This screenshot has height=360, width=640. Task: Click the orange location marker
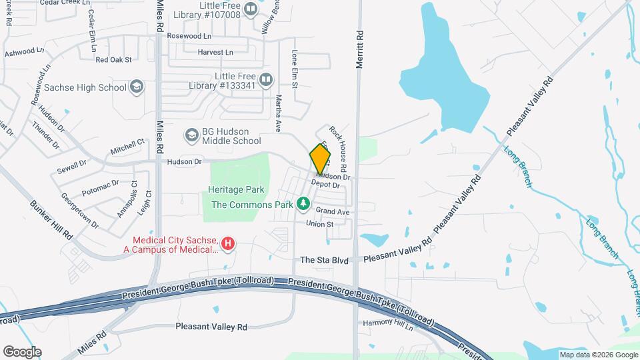pos(320,159)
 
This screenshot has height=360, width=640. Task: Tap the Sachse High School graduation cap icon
pos(137,87)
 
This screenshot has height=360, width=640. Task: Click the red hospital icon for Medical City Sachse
pos(228,244)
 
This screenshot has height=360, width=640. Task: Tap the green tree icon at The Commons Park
pos(303,203)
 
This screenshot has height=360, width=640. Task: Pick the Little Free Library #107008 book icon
pos(251,9)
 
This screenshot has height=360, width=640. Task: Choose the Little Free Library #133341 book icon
pos(266,81)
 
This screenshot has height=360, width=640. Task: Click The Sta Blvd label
pos(325,260)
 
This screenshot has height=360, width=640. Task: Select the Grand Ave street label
pos(333,211)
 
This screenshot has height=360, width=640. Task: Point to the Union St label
pos(319,224)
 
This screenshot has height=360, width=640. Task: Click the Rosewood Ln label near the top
pos(189,35)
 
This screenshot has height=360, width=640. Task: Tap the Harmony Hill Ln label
pos(389,323)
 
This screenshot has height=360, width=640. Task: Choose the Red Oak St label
pos(114,59)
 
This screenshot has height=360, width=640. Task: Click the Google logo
pos(22,351)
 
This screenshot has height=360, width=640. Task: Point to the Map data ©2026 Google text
pos(598,355)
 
